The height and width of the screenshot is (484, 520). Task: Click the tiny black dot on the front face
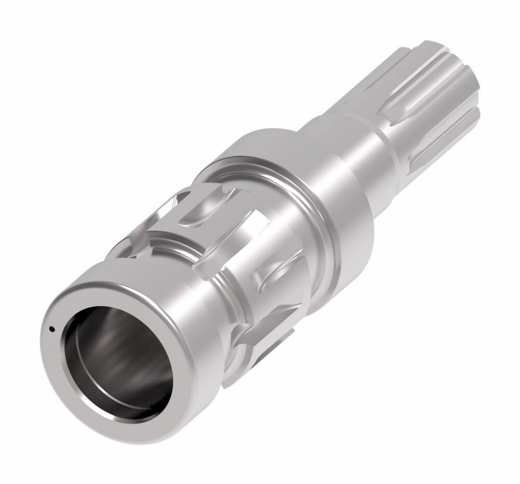tap(51, 328)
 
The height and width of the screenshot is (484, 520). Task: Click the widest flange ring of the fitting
tap(333, 208)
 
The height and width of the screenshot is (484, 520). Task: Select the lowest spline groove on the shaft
tap(442, 151)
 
